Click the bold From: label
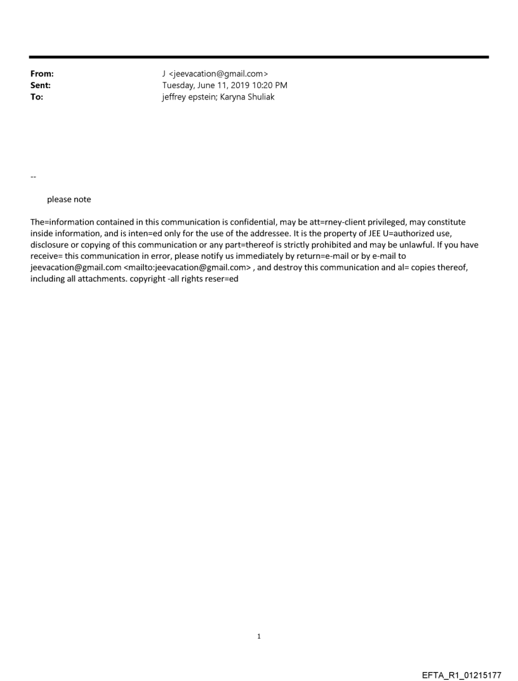pos(42,74)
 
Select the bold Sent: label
pos(41,86)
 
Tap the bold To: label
pos(37,97)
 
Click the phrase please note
pos(69,199)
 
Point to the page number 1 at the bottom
pos(259,637)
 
